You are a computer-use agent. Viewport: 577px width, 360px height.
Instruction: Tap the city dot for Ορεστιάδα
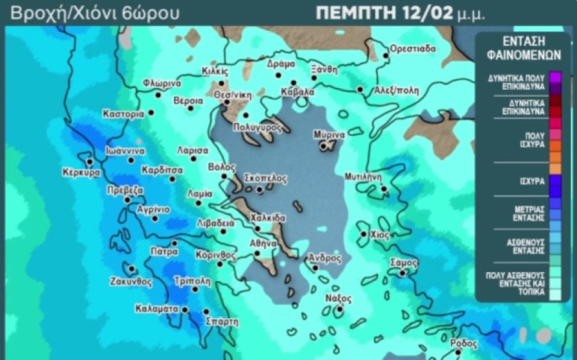point(386,56)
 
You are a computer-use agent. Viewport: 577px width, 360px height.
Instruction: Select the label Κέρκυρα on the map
point(81,173)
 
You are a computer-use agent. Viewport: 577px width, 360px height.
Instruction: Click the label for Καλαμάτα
point(156,309)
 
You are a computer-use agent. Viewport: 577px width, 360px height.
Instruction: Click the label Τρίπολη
point(192,281)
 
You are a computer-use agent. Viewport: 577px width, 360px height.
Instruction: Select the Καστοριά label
point(123,114)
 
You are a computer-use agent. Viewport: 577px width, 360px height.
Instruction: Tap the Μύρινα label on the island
point(330,135)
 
